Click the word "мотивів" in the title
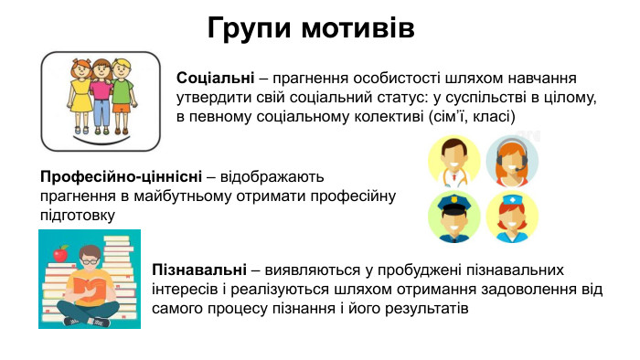(x=359, y=26)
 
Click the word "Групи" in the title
(x=252, y=27)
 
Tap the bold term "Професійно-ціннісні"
(x=121, y=175)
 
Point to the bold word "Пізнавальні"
(x=198, y=270)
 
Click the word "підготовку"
(x=78, y=216)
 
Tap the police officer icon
(x=454, y=216)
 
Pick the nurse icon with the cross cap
(x=512, y=217)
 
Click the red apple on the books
(x=61, y=253)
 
